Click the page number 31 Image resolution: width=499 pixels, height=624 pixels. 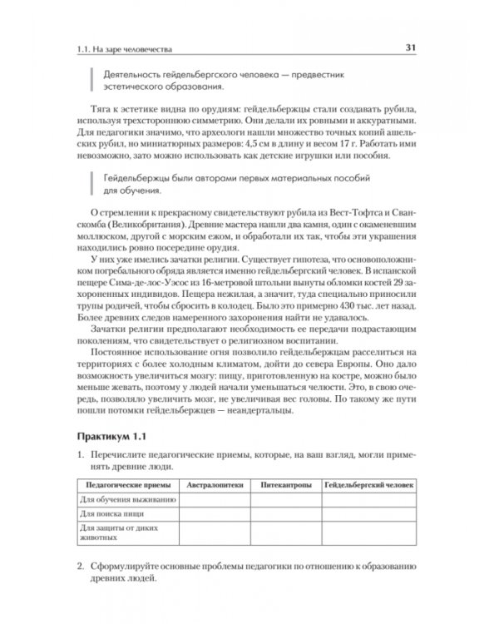[411, 47]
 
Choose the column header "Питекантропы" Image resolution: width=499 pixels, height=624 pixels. [286, 484]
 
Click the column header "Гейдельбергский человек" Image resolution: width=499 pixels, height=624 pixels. [368, 484]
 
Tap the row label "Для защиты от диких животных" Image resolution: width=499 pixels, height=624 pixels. [113, 532]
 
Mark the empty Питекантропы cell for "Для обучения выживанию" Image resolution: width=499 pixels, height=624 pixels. [286, 499]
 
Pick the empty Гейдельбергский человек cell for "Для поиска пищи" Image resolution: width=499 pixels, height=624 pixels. [368, 513]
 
